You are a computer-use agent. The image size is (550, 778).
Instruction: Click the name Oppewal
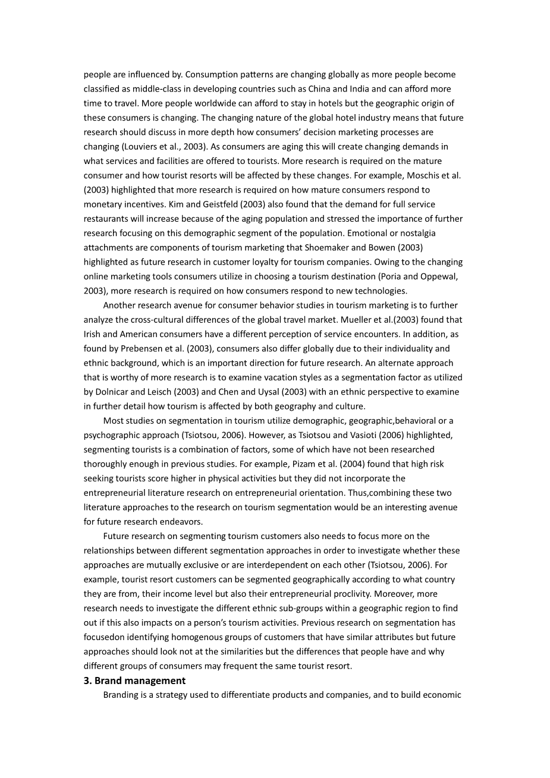click(x=438, y=276)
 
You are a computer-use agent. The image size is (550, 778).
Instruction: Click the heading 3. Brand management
click(x=134, y=681)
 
